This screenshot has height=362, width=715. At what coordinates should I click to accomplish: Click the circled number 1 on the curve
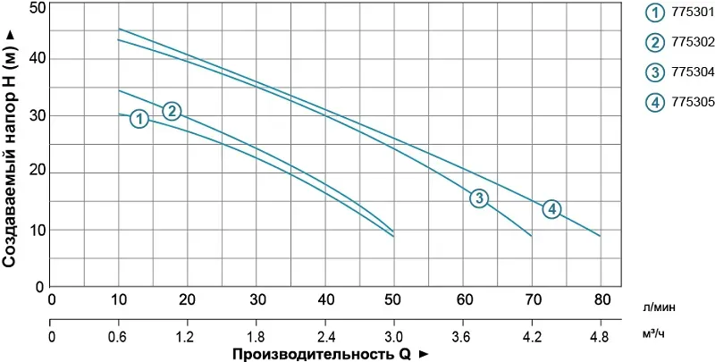(139, 118)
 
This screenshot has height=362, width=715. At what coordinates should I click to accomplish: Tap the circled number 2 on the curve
(172, 111)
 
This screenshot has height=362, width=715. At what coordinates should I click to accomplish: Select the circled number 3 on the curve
(479, 198)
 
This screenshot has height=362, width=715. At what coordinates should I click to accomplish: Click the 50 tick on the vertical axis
(35, 7)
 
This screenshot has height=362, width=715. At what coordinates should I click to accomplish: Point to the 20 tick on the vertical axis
(35, 173)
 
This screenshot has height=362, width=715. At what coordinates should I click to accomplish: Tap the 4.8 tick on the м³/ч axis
(600, 338)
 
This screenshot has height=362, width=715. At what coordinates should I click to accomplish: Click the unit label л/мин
(659, 307)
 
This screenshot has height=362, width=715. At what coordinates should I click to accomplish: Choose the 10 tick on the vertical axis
(35, 230)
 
